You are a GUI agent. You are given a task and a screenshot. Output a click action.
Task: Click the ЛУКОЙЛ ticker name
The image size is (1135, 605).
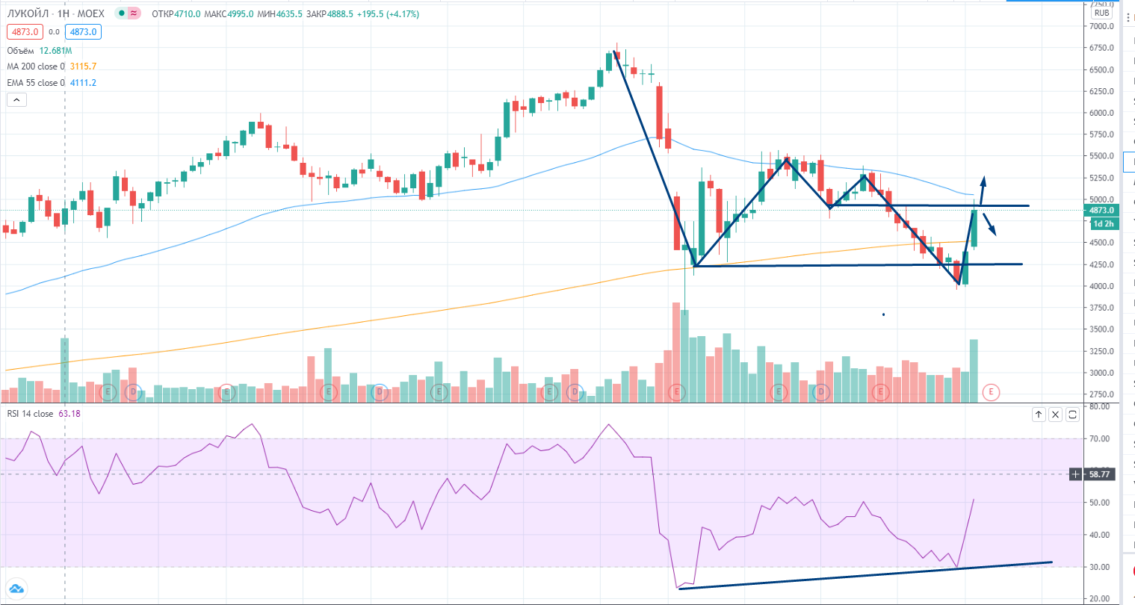(x=29, y=14)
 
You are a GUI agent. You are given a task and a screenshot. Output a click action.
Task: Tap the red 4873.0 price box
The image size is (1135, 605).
(x=25, y=32)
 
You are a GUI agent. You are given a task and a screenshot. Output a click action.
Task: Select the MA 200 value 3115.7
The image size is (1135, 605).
(x=83, y=66)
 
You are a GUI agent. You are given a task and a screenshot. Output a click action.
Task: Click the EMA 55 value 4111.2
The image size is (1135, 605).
(x=83, y=83)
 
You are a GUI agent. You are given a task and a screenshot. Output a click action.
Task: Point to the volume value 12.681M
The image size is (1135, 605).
(x=55, y=51)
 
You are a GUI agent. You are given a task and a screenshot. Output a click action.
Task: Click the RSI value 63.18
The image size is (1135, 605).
(x=69, y=414)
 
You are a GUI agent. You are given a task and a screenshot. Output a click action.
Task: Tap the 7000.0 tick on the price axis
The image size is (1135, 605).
(x=1101, y=26)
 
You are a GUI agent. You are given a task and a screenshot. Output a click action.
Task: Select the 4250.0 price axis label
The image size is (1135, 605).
(x=1101, y=264)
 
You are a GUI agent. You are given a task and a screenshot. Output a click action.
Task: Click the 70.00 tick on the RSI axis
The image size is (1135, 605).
(x=1099, y=438)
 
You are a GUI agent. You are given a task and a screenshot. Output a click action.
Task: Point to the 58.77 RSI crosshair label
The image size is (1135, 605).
(x=1100, y=474)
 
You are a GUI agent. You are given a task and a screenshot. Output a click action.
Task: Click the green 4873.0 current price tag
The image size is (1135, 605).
(x=1101, y=211)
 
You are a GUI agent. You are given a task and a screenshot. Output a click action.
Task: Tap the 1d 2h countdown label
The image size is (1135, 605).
(x=1103, y=224)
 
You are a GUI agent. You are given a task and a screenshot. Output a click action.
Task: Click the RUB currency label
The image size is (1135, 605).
(x=1101, y=13)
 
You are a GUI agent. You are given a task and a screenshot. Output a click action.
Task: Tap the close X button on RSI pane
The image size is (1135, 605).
(x=1055, y=415)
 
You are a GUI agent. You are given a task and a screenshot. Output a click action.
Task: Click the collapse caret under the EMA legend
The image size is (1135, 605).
(x=16, y=99)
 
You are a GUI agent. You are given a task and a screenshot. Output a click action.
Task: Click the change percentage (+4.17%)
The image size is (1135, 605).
(x=403, y=14)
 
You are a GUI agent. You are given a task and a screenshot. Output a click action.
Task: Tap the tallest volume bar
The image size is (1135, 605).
(x=675, y=352)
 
